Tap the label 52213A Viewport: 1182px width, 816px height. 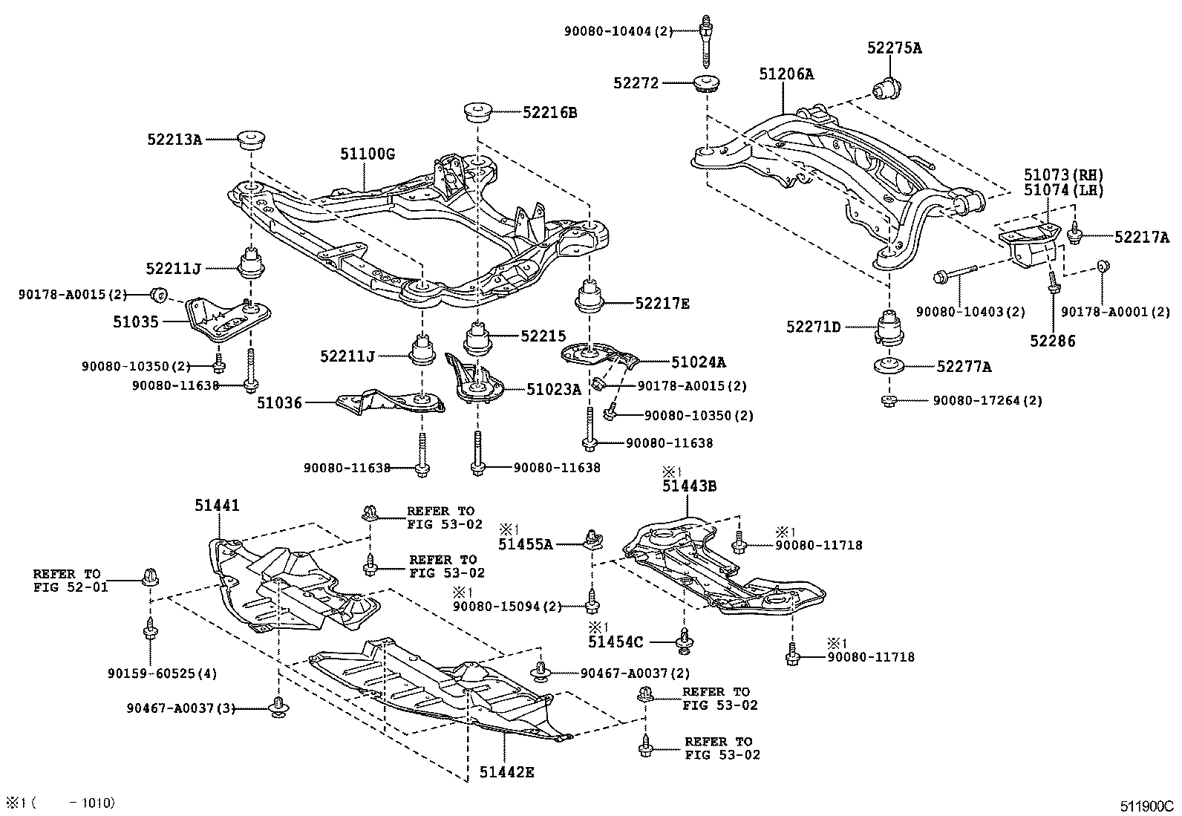(174, 139)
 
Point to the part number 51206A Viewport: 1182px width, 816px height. (786, 74)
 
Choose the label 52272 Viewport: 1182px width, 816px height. (636, 84)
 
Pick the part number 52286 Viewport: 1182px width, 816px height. (1052, 341)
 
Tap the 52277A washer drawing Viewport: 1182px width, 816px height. (889, 366)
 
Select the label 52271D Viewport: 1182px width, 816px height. (814, 326)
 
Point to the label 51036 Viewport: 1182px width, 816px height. (280, 403)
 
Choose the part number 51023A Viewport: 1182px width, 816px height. (554, 388)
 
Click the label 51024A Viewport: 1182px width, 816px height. (698, 362)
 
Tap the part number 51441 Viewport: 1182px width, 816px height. (218, 505)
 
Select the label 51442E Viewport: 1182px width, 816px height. (506, 772)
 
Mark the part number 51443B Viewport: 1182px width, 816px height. (689, 486)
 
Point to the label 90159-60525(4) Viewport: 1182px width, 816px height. (162, 674)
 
